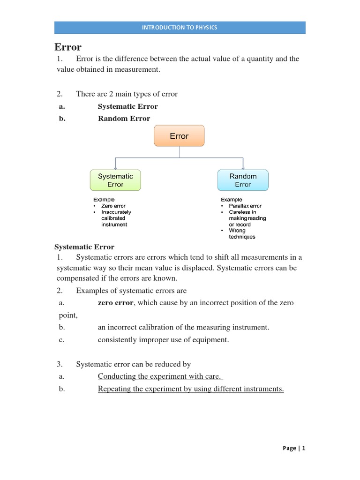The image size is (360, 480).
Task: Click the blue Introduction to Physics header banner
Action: point(180,28)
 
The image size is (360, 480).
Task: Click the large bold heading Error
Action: point(68,47)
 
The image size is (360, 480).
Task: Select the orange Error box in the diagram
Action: point(179,136)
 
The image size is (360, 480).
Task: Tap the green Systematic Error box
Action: point(115,180)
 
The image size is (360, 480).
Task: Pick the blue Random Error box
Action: point(243,180)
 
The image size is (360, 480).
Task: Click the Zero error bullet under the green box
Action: point(113,206)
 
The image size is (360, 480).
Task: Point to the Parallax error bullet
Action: point(245,206)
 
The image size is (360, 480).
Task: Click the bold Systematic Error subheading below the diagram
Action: point(84,247)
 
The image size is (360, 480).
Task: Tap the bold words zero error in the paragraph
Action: point(116,303)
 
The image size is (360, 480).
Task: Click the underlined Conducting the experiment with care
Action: point(160,376)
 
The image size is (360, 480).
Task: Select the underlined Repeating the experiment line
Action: point(191,389)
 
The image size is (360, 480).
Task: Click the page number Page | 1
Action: point(294,448)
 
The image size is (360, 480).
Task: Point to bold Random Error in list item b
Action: point(124,119)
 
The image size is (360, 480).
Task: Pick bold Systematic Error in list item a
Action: point(127,106)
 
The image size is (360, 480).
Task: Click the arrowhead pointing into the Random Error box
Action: point(243,168)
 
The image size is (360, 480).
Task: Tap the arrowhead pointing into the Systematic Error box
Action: point(115,168)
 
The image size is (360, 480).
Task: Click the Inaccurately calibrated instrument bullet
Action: point(116,218)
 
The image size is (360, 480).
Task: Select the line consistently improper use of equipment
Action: point(163,340)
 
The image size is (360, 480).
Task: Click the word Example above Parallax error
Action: point(232,200)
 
